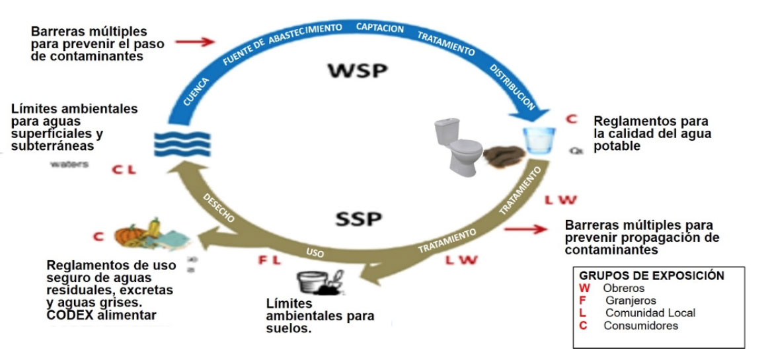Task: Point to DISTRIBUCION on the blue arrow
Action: click(512, 86)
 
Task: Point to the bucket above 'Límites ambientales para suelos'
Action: click(313, 283)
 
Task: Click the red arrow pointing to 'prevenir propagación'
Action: click(526, 229)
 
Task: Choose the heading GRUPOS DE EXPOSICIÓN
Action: click(652, 275)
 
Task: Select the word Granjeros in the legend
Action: click(631, 301)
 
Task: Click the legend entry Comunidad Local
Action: click(650, 313)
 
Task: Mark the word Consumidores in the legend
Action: click(640, 326)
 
